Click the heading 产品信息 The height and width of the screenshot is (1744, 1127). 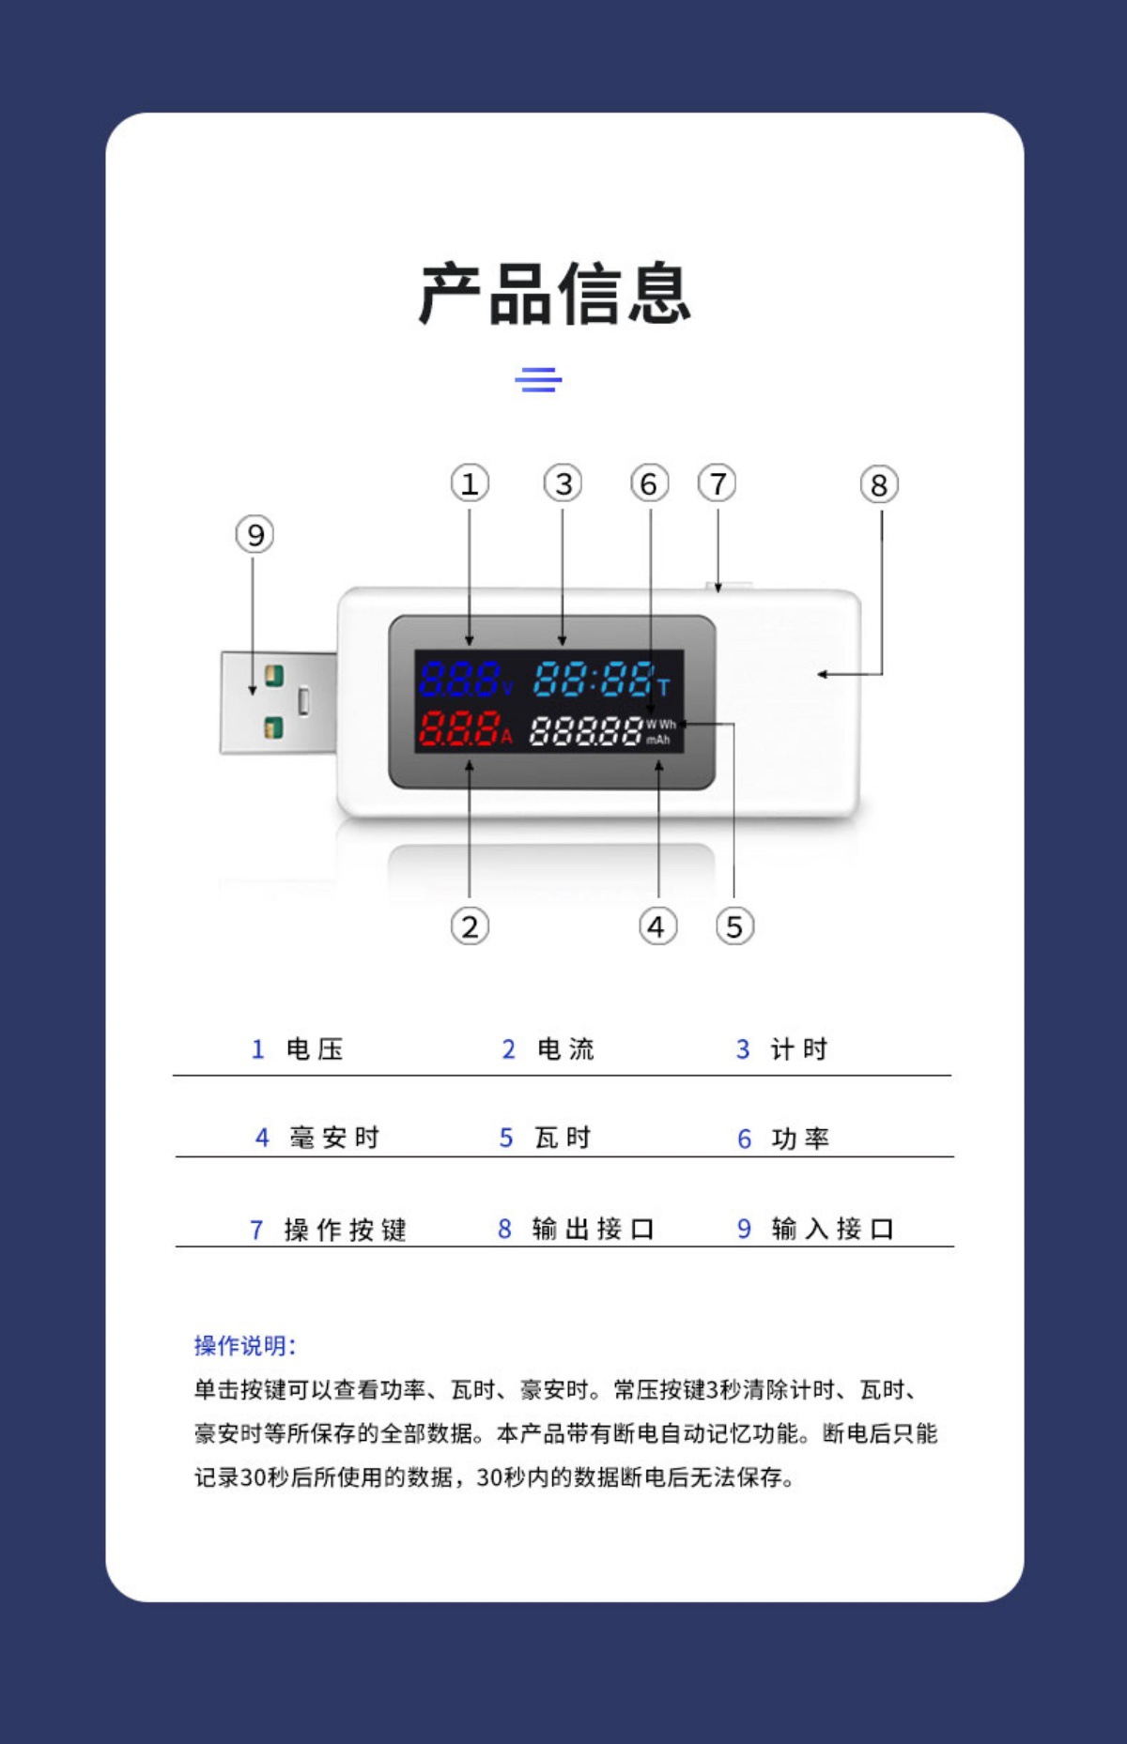[x=555, y=294]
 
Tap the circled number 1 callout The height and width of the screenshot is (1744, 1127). [x=470, y=483]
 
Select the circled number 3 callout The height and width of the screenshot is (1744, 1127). [x=563, y=483]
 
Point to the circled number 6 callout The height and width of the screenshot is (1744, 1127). [x=649, y=484]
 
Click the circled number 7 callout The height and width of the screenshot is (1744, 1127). [x=718, y=484]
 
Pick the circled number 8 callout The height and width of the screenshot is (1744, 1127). [x=879, y=485]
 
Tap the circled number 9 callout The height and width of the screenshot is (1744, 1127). [x=255, y=535]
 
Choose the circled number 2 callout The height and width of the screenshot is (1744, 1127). [x=470, y=927]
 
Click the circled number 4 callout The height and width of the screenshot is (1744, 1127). [x=657, y=927]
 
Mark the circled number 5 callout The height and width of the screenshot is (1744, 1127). [x=734, y=927]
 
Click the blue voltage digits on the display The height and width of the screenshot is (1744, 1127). [x=459, y=679]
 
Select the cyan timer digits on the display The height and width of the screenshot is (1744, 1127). [x=594, y=679]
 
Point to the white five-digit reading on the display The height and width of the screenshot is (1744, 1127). [x=586, y=731]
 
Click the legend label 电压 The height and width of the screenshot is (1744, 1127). [x=315, y=1049]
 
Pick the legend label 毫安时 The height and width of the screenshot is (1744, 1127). [x=334, y=1138]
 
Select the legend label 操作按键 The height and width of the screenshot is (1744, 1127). [x=345, y=1230]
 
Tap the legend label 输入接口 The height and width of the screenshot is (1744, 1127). [x=832, y=1229]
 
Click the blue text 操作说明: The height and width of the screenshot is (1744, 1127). [x=245, y=1346]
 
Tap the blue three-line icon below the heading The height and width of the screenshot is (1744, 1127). [x=538, y=380]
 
